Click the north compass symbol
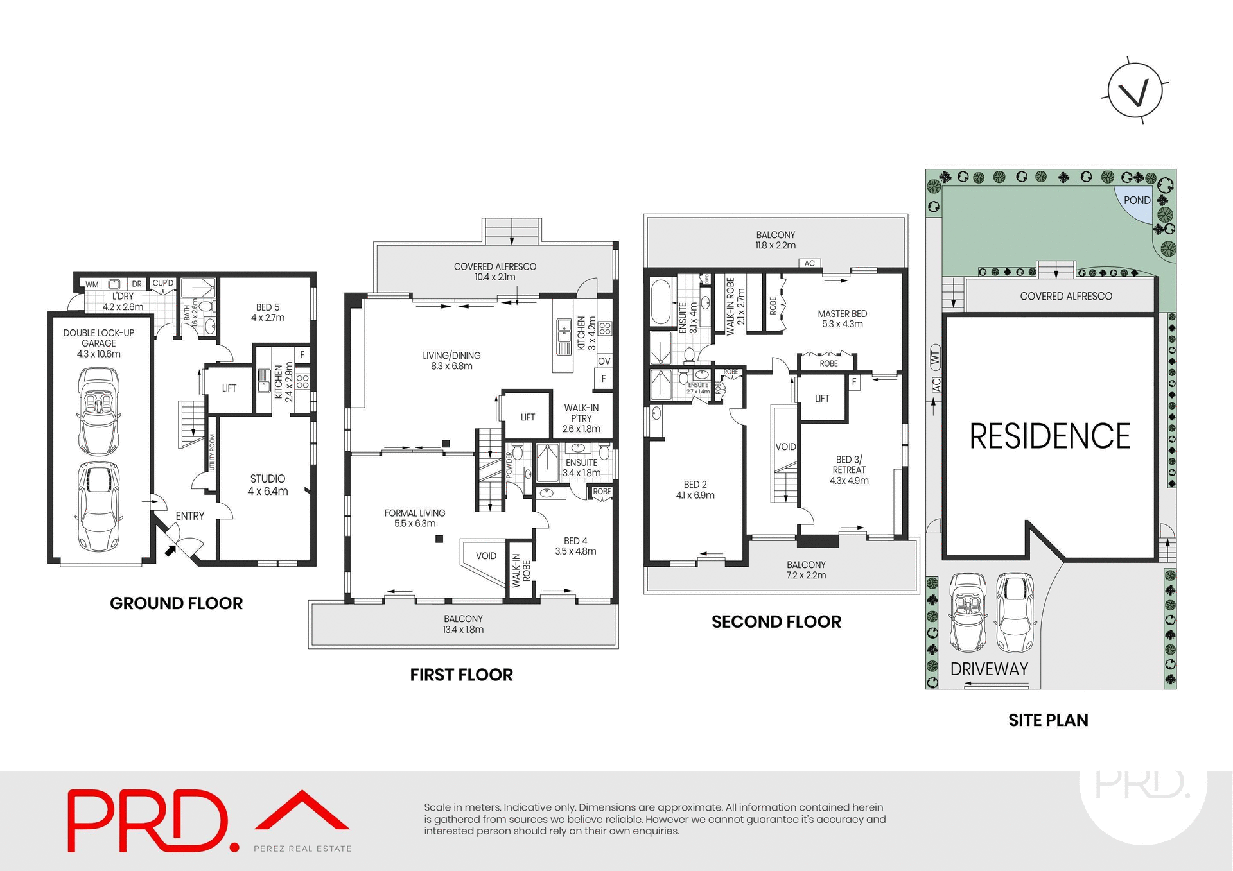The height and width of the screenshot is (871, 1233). click(1135, 91)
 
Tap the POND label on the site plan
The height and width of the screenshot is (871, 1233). click(1137, 200)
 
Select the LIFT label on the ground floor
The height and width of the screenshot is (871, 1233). click(229, 388)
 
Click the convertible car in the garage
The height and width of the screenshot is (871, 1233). click(98, 411)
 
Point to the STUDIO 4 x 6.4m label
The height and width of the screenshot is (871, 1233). click(268, 485)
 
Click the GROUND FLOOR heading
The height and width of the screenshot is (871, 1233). click(176, 603)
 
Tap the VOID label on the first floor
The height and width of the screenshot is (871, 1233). click(485, 556)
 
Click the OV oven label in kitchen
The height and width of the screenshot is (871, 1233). click(604, 361)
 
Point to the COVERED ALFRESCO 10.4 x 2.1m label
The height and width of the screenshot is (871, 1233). click(494, 272)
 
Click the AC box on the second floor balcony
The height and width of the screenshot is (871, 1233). click(809, 263)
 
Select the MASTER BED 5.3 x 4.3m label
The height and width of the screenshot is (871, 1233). click(842, 318)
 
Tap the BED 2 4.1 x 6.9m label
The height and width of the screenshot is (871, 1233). click(695, 490)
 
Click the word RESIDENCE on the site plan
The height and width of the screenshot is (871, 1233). click(1049, 436)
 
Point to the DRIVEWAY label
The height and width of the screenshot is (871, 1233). click(989, 669)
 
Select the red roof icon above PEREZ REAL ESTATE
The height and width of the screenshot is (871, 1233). click(302, 811)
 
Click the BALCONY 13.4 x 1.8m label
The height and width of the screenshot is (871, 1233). click(462, 624)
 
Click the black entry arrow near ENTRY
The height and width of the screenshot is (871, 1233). click(170, 549)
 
